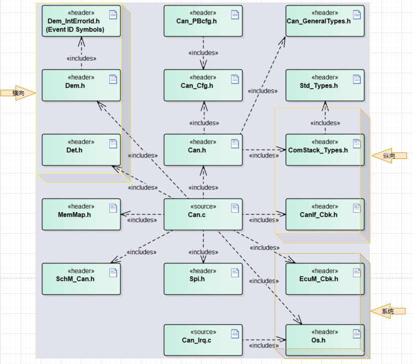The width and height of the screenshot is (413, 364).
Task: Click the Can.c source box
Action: point(203,215)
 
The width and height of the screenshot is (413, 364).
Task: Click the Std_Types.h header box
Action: point(325,85)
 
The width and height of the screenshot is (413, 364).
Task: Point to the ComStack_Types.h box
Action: point(325,150)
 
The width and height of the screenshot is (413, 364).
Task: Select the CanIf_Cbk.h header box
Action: point(325,215)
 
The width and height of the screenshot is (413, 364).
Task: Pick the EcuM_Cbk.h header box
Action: point(325,279)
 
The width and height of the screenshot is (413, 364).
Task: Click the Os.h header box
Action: point(325,340)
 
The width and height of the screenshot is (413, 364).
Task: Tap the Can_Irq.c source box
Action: point(203,340)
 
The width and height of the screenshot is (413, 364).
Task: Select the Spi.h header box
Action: point(203,279)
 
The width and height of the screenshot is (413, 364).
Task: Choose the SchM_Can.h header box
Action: point(81,279)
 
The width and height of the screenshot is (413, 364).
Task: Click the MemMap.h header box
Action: point(81,215)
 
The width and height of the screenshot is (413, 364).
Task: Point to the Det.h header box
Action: point(81,150)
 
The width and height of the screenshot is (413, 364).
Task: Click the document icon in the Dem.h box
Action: point(113,79)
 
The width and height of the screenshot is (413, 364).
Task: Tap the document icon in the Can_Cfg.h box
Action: point(235,79)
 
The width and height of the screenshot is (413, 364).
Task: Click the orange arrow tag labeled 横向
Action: point(18,93)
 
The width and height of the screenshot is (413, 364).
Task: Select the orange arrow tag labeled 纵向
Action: point(388,156)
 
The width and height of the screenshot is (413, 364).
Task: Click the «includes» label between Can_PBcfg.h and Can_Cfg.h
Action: point(203,53)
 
